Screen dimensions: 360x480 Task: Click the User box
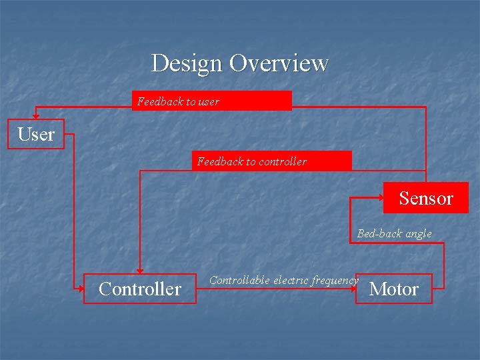[x=36, y=134]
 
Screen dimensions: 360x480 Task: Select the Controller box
[x=140, y=289]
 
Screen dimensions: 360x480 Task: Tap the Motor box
[x=394, y=289]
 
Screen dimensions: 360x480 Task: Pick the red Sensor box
[x=425, y=198]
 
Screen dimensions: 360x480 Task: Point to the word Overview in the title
[x=279, y=63]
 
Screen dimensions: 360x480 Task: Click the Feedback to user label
[x=178, y=101]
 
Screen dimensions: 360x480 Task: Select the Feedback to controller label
[x=252, y=161]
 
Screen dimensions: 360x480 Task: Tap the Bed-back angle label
[x=394, y=233]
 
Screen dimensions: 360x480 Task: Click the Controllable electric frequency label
[x=283, y=280]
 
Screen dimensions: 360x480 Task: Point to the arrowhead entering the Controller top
[x=139, y=269]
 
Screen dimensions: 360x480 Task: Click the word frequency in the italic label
[x=335, y=280]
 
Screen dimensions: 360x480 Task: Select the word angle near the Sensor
[x=417, y=234]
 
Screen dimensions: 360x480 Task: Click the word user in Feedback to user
[x=209, y=101]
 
